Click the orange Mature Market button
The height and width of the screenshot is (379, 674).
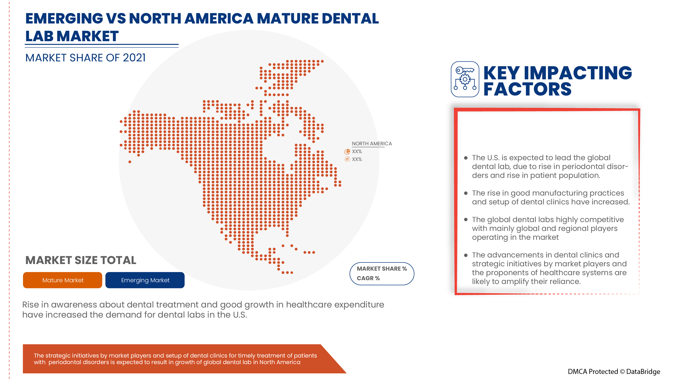point(62,280)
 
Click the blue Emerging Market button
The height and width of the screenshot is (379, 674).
point(145,280)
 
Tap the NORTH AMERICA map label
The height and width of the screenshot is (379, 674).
point(371,144)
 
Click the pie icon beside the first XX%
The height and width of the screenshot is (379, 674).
point(347,151)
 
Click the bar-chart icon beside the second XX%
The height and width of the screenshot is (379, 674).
point(347,159)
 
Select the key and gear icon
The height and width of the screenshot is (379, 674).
point(465,79)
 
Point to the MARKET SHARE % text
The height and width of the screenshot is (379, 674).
point(382,269)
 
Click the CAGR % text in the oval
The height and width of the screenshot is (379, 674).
point(368,278)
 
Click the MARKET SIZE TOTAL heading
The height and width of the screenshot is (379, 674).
point(81,260)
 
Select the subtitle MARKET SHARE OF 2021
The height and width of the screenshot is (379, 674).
point(85,58)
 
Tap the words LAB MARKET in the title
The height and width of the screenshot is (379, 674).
point(72,36)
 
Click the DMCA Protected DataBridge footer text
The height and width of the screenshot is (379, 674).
point(614,371)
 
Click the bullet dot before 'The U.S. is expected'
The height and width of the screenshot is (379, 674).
point(466,158)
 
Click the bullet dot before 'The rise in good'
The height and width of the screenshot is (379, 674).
point(466,193)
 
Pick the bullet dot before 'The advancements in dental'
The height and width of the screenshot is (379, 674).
point(466,255)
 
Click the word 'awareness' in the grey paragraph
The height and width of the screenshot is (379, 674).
point(74,305)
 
